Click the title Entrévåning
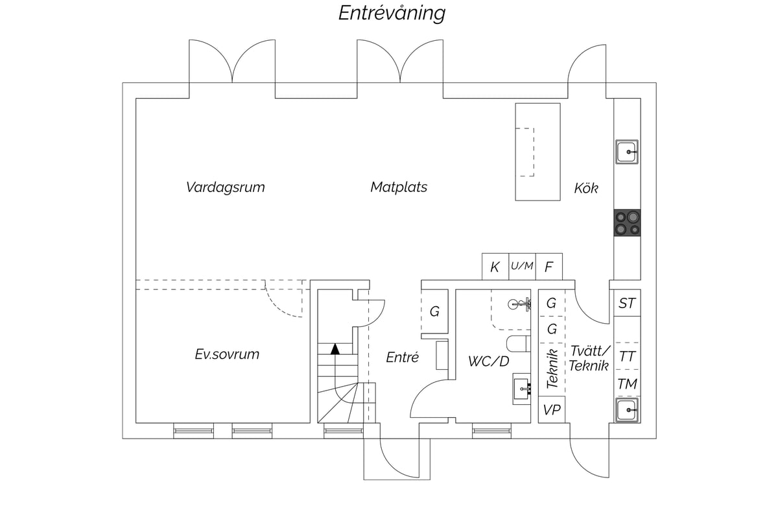[392, 13]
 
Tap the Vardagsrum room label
[226, 187]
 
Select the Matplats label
[399, 187]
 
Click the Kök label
[586, 188]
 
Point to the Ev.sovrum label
[227, 354]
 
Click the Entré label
[402, 357]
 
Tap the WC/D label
[488, 361]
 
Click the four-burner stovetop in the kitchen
[627, 223]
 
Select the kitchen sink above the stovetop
[627, 152]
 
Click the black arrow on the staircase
[335, 349]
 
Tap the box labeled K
[495, 267]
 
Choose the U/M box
[522, 267]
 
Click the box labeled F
[548, 267]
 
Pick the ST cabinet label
[627, 304]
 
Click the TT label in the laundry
[627, 357]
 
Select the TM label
[627, 384]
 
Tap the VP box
[552, 410]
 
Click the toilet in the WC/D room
[519, 344]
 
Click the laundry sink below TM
[627, 410]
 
